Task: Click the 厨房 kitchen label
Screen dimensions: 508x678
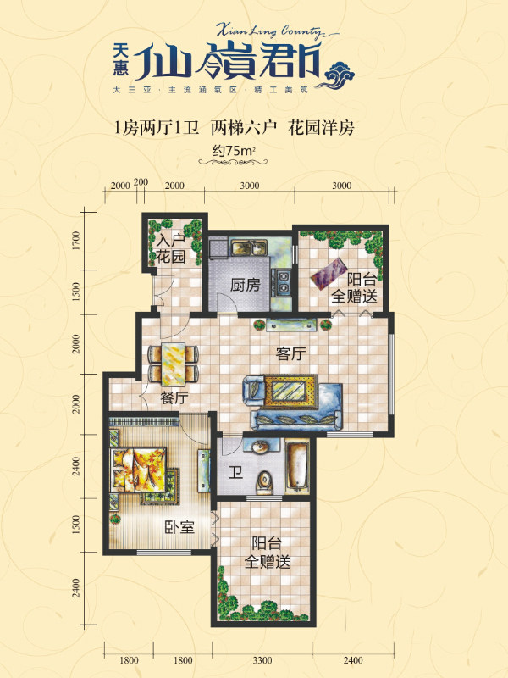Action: click(x=245, y=285)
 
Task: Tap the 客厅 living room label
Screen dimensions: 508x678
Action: click(x=290, y=354)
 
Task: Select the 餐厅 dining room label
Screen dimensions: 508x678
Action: click(x=175, y=397)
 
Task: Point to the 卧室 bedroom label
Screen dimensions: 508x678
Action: click(x=179, y=527)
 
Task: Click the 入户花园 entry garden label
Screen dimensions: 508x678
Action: click(x=171, y=248)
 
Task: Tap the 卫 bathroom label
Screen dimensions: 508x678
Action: click(x=235, y=473)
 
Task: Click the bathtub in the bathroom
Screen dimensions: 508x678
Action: click(x=297, y=466)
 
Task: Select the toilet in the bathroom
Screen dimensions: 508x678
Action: click(x=265, y=483)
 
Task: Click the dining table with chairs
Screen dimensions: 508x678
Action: click(x=174, y=364)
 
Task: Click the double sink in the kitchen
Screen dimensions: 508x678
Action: click(x=249, y=248)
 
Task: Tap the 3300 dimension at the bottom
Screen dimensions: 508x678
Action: click(x=262, y=660)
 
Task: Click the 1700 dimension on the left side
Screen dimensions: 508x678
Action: click(x=76, y=241)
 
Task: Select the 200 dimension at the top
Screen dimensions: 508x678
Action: click(x=141, y=182)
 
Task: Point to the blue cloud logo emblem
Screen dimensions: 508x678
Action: click(x=338, y=75)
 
